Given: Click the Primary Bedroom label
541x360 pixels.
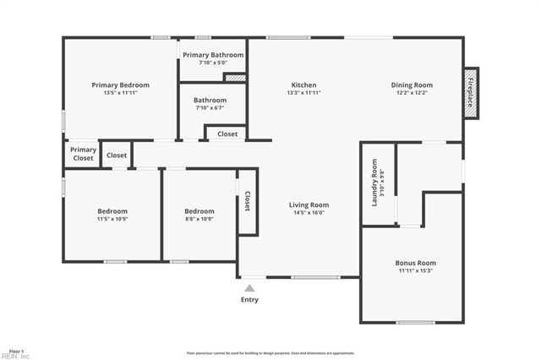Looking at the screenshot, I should pos(120,85).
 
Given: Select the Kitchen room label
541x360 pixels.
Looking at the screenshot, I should pos(304,85).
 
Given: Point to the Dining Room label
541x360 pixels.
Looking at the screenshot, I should pos(412,85).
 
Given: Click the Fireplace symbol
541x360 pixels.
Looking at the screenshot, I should pos(471,91).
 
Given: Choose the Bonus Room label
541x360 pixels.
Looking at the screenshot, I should pos(415,263).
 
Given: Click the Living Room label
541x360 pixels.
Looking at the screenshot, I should pos(309,205).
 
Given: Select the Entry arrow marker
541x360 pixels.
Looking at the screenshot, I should pos(249,288).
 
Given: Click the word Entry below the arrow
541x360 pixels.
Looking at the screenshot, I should pos(249,300).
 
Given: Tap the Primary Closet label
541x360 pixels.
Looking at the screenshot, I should pos(83,154).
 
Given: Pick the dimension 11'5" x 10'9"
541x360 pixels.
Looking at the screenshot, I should pos(112,220).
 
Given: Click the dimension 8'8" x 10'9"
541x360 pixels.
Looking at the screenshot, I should pos(199,220).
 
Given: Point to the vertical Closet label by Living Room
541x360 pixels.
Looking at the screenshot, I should pos(247,201).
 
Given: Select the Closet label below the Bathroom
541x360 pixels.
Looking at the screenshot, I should pos(227,134).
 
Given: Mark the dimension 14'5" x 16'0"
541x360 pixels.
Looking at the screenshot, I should pos(309,213).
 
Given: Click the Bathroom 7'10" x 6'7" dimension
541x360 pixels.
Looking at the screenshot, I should pos(210,107).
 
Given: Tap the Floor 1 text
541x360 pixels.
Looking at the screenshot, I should pos(16,350).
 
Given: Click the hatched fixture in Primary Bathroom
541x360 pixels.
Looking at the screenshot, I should pos(234,78).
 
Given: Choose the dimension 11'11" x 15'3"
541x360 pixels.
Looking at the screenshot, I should pos(415,271).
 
